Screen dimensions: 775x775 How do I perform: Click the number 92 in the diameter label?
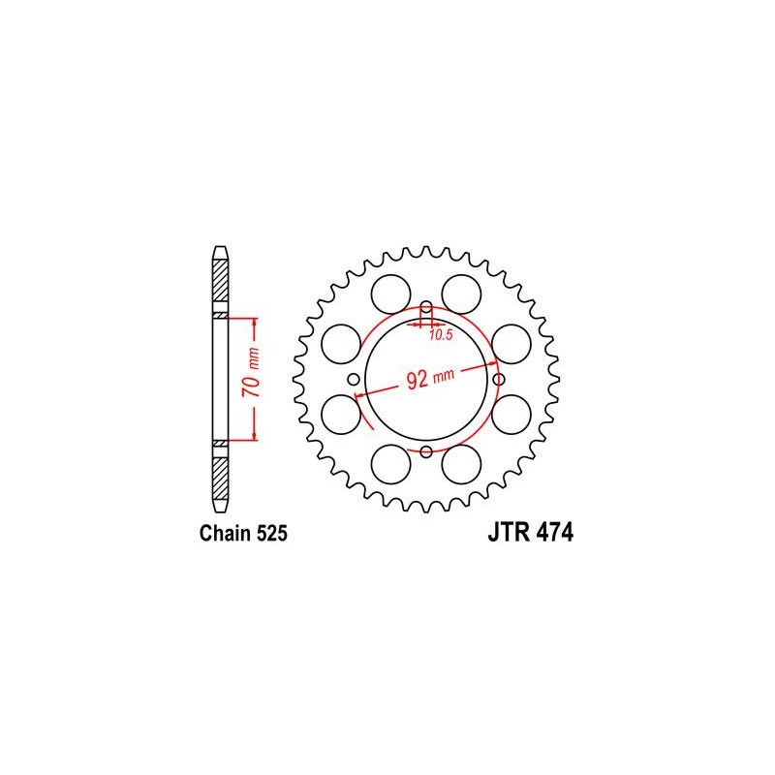(417, 380)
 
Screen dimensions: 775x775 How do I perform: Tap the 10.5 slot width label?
(441, 335)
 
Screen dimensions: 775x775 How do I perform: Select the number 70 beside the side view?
(251, 387)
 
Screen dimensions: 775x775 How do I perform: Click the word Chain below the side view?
(225, 534)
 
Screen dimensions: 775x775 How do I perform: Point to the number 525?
(271, 534)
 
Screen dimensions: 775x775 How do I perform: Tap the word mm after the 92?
(444, 376)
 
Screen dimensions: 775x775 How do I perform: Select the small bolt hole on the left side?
(354, 380)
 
